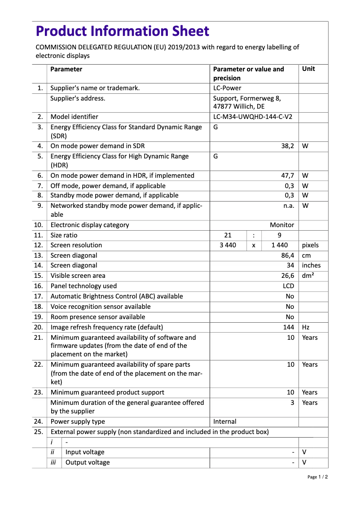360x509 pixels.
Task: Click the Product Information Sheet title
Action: pyautogui.click(x=123, y=31)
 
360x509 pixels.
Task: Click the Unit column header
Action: pyautogui.click(x=308, y=69)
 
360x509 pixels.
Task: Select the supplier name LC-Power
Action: pyautogui.click(x=227, y=88)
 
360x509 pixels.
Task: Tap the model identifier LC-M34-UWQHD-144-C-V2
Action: pyautogui.click(x=253, y=117)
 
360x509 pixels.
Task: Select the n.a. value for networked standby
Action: pyautogui.click(x=289, y=206)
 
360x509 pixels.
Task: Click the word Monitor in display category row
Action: pyautogui.click(x=282, y=225)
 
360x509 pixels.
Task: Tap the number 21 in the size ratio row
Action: pyautogui.click(x=228, y=235)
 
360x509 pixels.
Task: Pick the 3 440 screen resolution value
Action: pyautogui.click(x=228, y=245)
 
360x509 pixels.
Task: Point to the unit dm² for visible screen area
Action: pyautogui.click(x=308, y=276)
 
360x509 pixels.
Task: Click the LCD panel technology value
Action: pyautogui.click(x=288, y=286)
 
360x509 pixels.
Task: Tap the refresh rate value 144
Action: pyautogui.click(x=288, y=327)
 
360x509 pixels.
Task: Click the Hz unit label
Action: pyautogui.click(x=306, y=327)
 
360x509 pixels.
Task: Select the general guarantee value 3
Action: pyautogui.click(x=292, y=403)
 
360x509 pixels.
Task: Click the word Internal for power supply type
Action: pyautogui.click(x=224, y=421)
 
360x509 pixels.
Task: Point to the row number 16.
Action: pyautogui.click(x=39, y=286)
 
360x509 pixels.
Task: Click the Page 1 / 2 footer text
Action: pyautogui.click(x=317, y=477)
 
